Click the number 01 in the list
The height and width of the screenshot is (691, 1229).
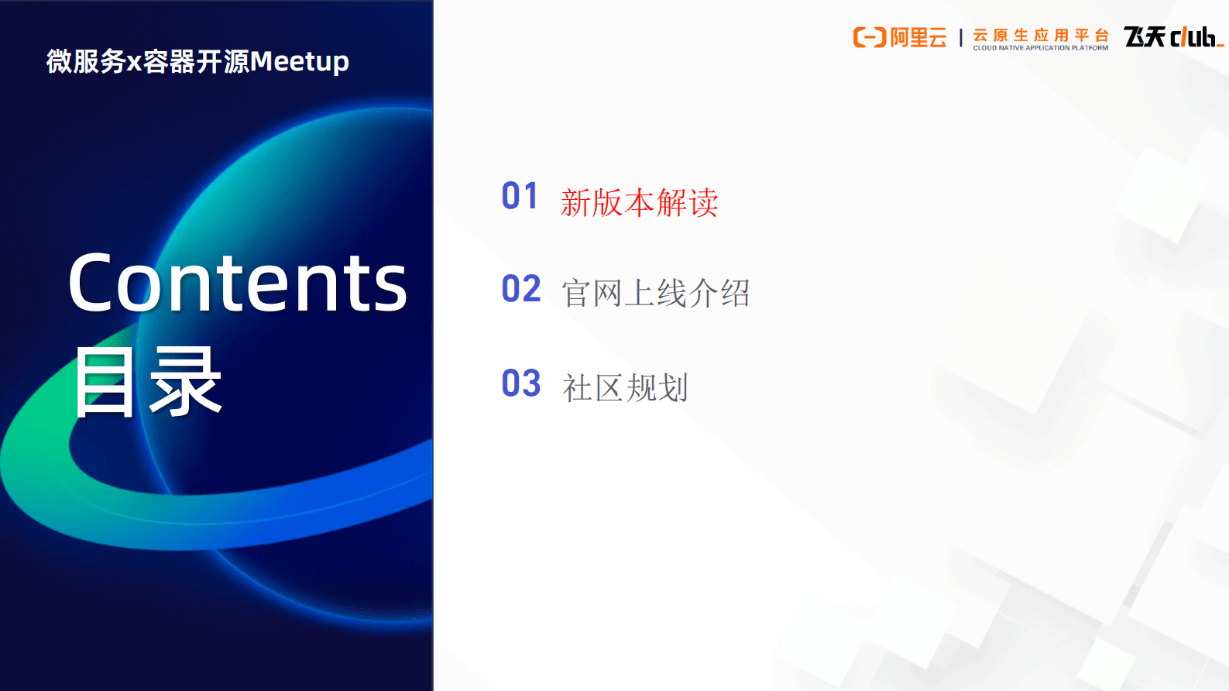click(520, 196)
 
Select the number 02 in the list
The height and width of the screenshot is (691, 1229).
click(520, 289)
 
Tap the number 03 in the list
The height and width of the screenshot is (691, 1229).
click(520, 383)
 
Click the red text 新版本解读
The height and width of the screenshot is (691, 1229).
click(639, 203)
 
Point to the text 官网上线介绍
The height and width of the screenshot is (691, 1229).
click(655, 294)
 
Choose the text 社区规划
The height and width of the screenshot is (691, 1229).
click(625, 388)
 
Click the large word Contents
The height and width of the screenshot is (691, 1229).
click(237, 284)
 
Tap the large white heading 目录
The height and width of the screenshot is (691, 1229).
click(148, 382)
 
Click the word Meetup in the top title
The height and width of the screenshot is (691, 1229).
click(299, 61)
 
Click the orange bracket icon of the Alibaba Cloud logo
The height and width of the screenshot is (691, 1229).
click(869, 37)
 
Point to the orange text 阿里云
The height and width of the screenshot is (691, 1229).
click(918, 37)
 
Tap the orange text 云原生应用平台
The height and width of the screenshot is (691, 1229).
click(1040, 35)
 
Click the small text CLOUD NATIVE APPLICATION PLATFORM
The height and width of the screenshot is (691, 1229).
click(1040, 48)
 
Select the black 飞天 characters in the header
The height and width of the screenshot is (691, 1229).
click(1145, 36)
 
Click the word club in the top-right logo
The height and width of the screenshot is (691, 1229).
click(1195, 36)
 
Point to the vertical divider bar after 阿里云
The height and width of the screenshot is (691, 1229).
click(960, 38)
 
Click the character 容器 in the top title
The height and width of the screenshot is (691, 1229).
click(169, 61)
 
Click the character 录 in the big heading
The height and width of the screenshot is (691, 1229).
click(186, 382)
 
